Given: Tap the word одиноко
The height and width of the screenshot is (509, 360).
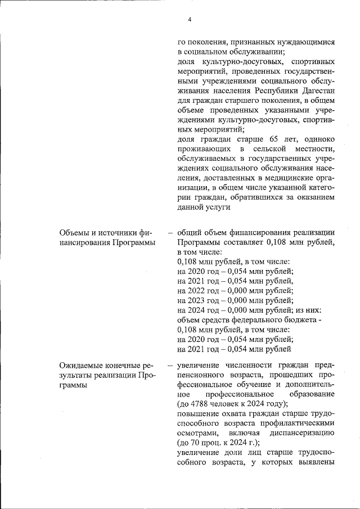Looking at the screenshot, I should pos(318,139).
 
